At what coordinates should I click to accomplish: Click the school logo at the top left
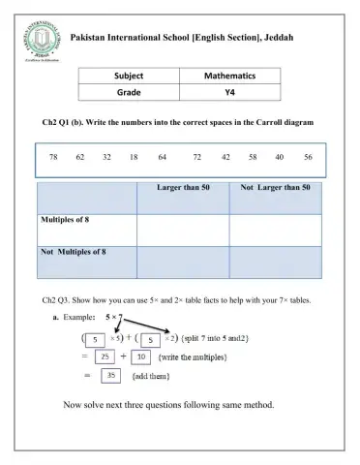pyautogui.click(x=40, y=45)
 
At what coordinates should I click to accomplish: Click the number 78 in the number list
pyautogui.click(x=54, y=156)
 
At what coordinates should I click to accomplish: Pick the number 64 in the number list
pyautogui.click(x=162, y=156)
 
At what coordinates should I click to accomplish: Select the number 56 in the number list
pyautogui.click(x=307, y=156)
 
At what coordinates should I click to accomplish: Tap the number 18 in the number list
pyautogui.click(x=134, y=156)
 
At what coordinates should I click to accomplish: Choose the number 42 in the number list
pyautogui.click(x=225, y=156)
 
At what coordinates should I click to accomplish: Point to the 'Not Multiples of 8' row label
pyautogui.click(x=74, y=251)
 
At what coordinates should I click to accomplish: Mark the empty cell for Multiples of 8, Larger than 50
pyautogui.click(x=182, y=230)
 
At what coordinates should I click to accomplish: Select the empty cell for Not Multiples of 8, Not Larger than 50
pyautogui.click(x=276, y=262)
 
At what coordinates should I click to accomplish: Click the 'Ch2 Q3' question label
pyautogui.click(x=58, y=300)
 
